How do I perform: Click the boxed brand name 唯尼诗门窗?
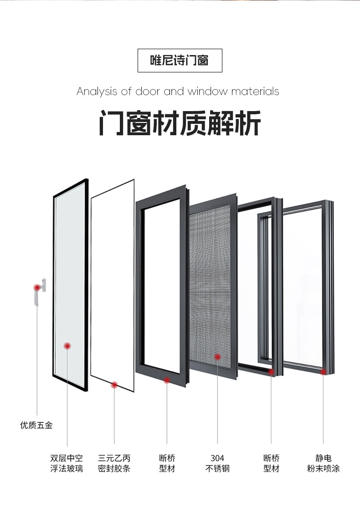click(180, 60)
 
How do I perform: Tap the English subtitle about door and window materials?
click(178, 92)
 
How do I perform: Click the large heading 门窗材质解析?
click(180, 123)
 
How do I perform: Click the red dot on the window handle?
click(36, 287)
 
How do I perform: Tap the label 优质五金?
click(36, 425)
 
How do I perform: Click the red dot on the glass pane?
click(67, 346)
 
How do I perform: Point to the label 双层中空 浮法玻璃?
click(67, 463)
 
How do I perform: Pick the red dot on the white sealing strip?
click(114, 385)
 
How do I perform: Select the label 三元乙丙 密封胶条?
click(114, 463)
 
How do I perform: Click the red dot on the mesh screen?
click(217, 357)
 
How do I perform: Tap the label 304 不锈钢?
click(217, 463)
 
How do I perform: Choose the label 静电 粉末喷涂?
click(323, 463)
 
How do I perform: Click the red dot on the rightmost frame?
click(324, 372)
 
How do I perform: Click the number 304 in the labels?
click(217, 458)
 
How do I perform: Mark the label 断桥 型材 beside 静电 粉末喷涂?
click(271, 463)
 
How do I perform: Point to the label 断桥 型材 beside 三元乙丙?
click(167, 463)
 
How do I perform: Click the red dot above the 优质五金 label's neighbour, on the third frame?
click(167, 380)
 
